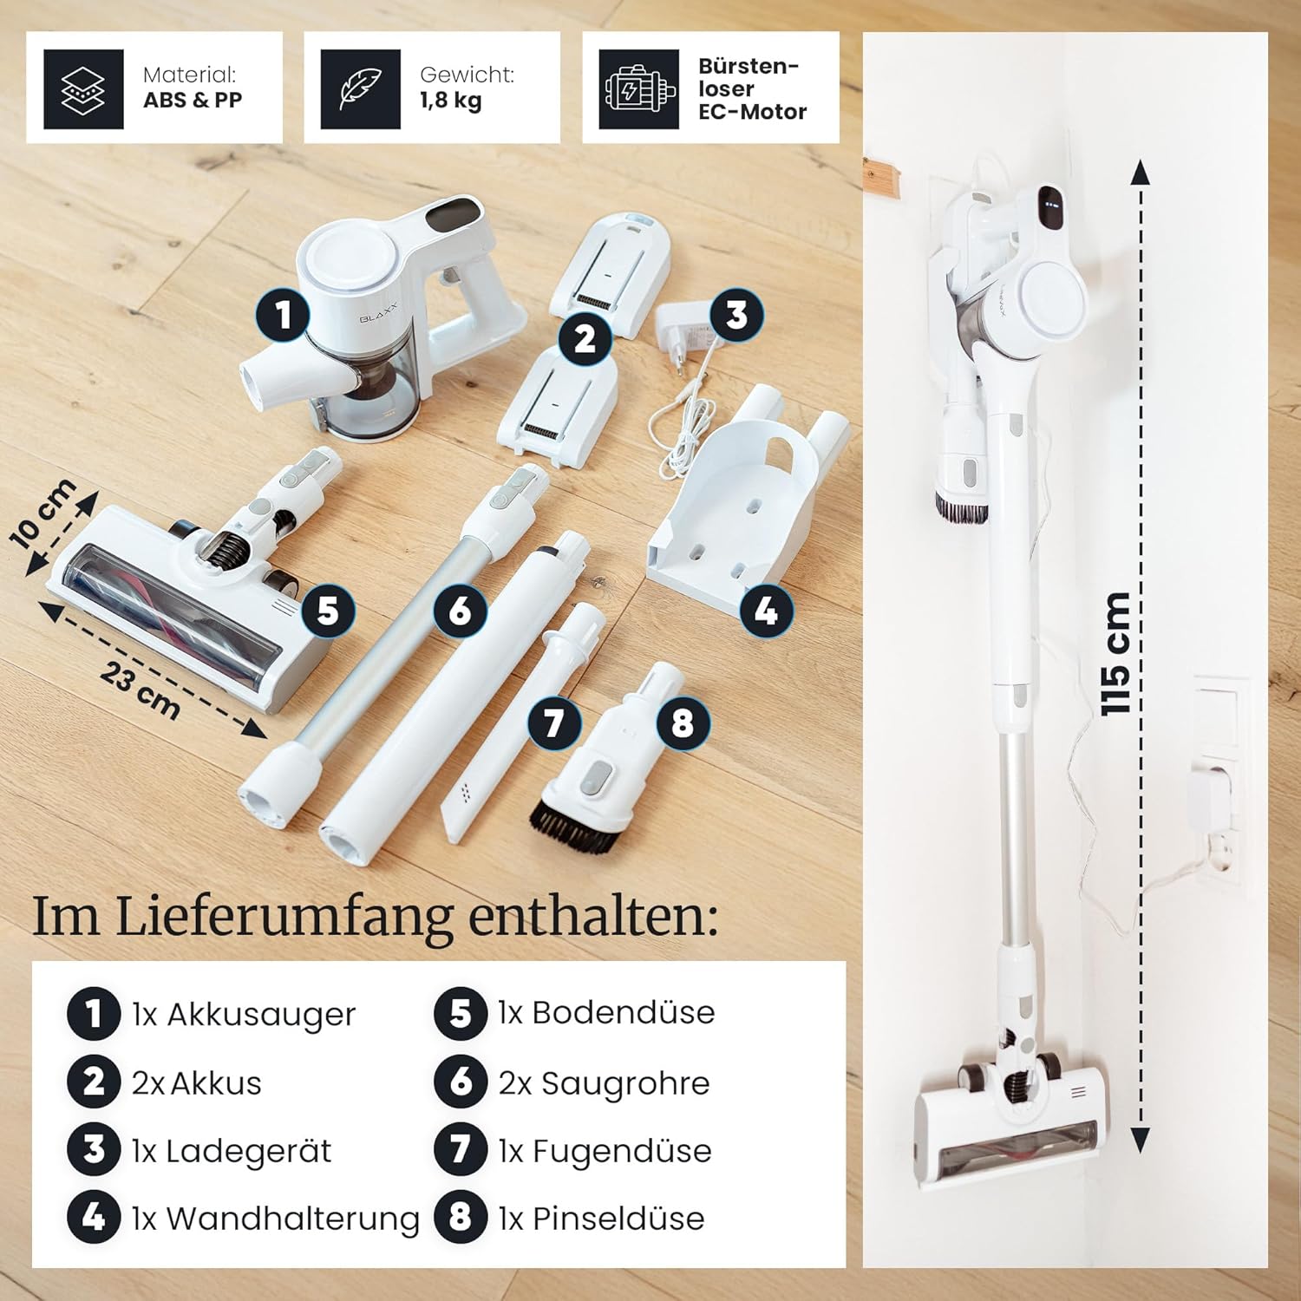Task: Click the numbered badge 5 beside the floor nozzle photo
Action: pyautogui.click(x=328, y=611)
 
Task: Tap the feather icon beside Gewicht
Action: pyautogui.click(x=360, y=88)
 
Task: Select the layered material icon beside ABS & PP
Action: pyautogui.click(x=83, y=88)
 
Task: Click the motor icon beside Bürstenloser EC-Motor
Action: pyautogui.click(x=639, y=88)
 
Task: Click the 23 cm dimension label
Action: pyautogui.click(x=140, y=690)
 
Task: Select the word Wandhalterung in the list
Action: pyautogui.click(x=293, y=1219)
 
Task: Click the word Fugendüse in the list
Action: pyautogui.click(x=622, y=1151)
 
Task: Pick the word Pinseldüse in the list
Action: pyautogui.click(x=618, y=1219)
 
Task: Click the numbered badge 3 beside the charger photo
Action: pyautogui.click(x=736, y=315)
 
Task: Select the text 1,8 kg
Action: pyautogui.click(x=451, y=101)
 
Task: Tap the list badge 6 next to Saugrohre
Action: pyautogui.click(x=461, y=1082)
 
